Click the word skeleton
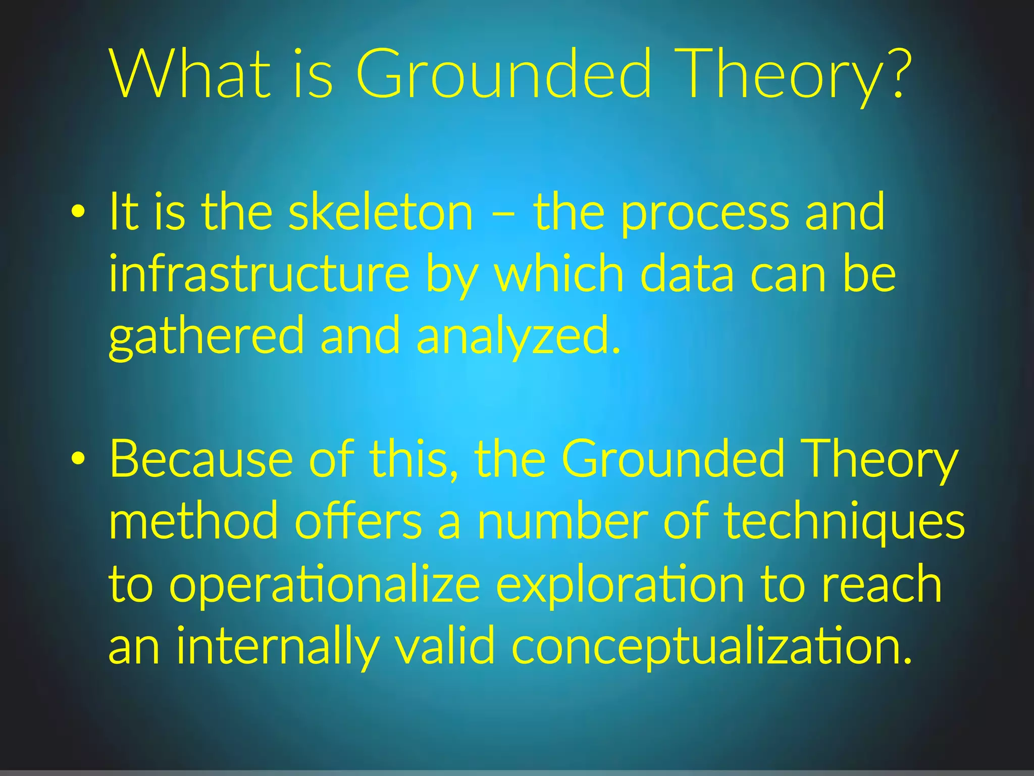pos(381,212)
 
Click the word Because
pos(201,459)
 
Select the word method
pos(193,521)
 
